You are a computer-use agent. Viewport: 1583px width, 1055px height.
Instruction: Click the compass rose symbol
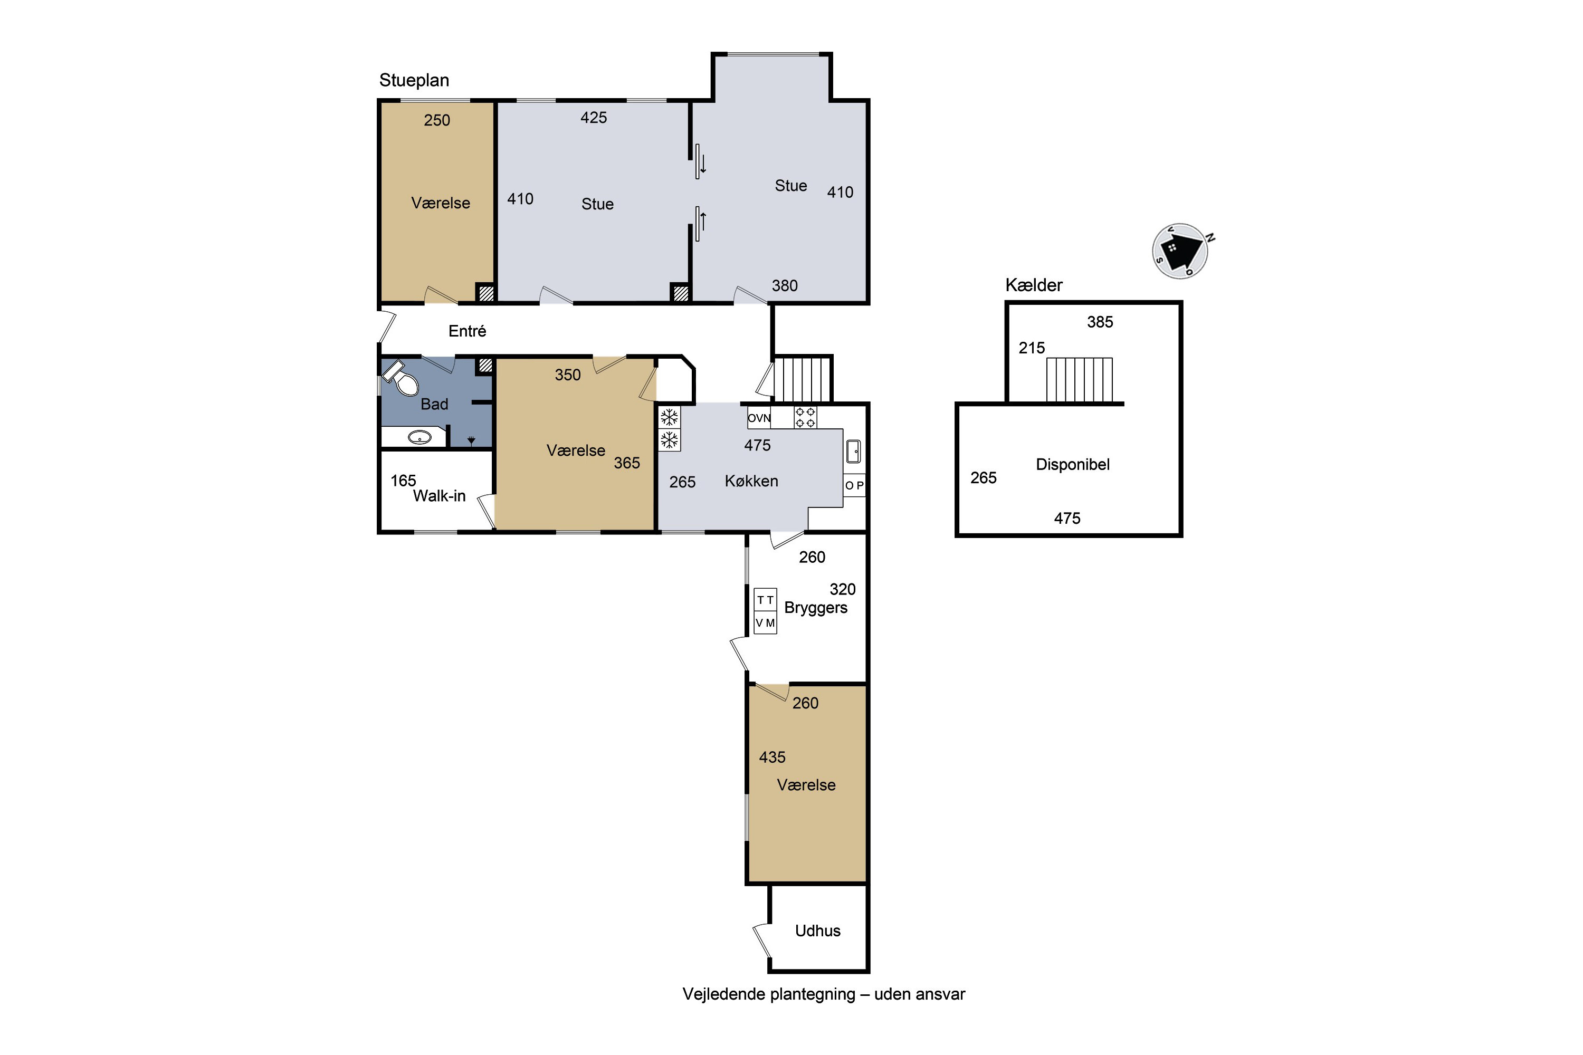pos(1180,251)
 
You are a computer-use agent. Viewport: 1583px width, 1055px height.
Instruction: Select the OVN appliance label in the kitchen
pos(759,418)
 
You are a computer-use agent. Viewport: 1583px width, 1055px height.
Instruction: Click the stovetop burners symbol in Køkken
pos(806,417)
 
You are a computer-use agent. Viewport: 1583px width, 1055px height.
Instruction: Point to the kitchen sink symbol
pos(853,452)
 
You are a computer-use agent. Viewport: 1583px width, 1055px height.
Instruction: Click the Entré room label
pos(467,331)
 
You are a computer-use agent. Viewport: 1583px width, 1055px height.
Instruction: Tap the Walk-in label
pos(439,496)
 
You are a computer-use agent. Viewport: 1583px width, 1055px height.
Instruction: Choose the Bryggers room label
pos(816,608)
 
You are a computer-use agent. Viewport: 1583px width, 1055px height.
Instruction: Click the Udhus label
pos(818,931)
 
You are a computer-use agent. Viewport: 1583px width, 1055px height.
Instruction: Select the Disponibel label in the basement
pos(1073,464)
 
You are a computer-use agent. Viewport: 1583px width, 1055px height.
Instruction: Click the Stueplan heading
pos(414,80)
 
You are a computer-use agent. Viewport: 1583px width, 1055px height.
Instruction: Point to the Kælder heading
pos(1034,285)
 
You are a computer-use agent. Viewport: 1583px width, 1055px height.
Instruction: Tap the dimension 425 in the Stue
pos(594,118)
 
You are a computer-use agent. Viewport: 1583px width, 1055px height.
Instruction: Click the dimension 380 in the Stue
pos(785,286)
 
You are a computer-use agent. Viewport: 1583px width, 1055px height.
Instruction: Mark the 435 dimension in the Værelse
pos(772,757)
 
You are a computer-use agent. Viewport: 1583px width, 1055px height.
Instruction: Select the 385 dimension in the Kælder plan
pos(1100,322)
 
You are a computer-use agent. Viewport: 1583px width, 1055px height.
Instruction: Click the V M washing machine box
pos(765,623)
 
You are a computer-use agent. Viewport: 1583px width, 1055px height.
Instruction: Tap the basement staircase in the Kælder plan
pos(1079,380)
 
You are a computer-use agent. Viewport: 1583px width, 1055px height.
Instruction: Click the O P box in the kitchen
pos(854,485)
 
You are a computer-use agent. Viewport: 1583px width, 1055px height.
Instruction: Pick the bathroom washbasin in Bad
pos(419,438)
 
